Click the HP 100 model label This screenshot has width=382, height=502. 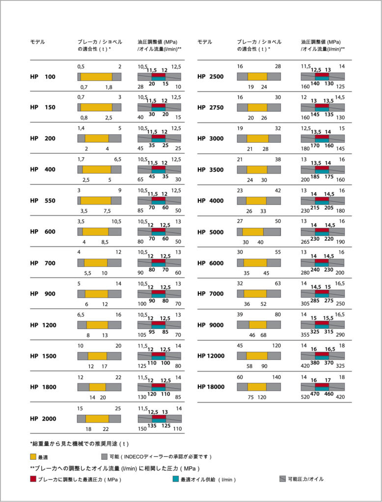43,76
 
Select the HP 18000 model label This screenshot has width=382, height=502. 211,387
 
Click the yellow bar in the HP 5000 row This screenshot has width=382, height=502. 253,232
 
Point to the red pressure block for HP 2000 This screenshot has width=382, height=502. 159,417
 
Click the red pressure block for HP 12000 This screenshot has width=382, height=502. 322,354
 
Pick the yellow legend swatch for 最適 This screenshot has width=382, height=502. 33,457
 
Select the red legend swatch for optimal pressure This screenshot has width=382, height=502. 33,479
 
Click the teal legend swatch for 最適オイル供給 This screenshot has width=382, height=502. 176,479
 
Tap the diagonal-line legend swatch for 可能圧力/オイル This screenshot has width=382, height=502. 282,479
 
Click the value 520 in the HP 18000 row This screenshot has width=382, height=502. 305,397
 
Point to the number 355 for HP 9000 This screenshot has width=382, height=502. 305,335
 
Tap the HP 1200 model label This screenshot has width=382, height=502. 43,325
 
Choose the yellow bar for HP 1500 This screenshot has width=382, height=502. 97,356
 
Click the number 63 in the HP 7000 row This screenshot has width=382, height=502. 277,283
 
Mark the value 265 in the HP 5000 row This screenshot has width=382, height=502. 305,242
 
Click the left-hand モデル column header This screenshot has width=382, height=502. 37,42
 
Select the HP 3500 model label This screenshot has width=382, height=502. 211,170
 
